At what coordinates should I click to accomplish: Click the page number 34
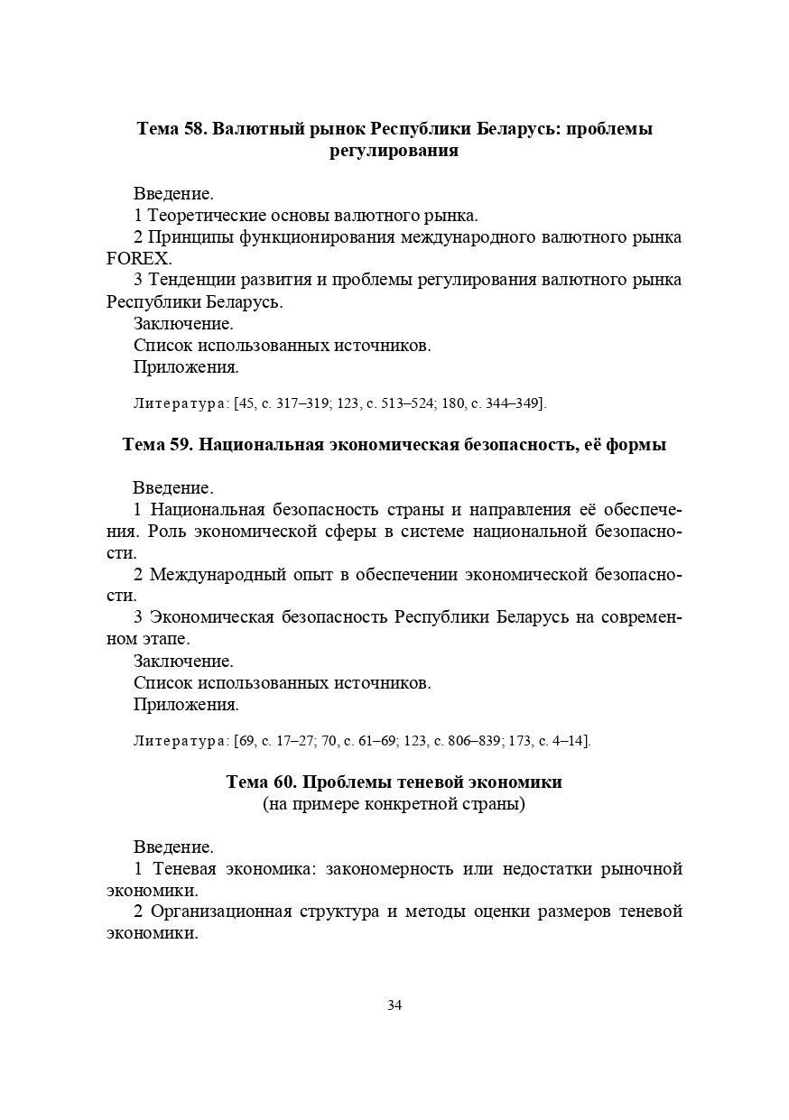click(x=394, y=1005)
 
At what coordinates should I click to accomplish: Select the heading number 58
click(x=196, y=128)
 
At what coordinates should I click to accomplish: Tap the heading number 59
click(x=181, y=445)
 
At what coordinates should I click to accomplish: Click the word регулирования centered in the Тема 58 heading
click(x=394, y=151)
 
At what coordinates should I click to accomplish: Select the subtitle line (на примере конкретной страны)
click(x=394, y=804)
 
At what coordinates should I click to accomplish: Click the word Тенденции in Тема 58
click(x=191, y=280)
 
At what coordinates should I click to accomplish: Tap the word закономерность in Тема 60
click(x=389, y=869)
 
